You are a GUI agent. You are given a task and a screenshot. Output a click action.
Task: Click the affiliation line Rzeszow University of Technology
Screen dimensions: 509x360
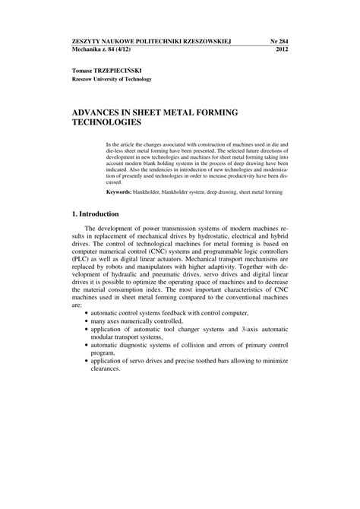tap(112, 78)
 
